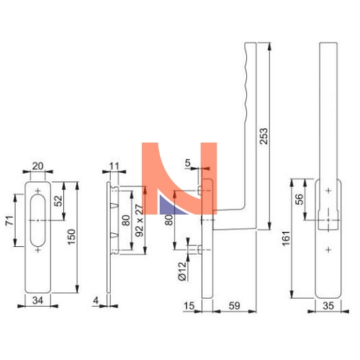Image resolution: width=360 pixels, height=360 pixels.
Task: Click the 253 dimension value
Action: coord(264,136)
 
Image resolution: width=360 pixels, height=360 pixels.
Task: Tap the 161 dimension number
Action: coord(286,238)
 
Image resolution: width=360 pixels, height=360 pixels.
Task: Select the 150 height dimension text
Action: coord(71,237)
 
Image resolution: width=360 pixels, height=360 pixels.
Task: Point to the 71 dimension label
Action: coord(9,220)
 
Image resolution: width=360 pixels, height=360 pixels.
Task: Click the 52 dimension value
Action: coord(58,201)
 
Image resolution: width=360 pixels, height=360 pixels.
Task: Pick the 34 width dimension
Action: coord(37,300)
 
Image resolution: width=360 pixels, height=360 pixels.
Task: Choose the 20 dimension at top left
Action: coord(37,166)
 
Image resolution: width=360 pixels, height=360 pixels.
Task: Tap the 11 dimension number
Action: coord(114,166)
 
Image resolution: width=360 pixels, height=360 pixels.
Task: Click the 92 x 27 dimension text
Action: coord(140,220)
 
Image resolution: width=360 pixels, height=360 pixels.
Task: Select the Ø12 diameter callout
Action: coord(182,271)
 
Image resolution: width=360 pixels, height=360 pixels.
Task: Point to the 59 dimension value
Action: coord(234,305)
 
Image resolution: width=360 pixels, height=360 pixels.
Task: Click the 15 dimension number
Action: coord(189,305)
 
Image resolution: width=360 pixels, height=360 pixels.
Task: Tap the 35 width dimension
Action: coord(328,305)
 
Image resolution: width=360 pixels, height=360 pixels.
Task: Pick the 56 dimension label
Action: coord(300,199)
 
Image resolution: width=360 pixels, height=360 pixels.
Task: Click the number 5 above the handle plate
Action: coord(187,163)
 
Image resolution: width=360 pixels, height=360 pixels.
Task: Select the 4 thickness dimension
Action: coord(96,300)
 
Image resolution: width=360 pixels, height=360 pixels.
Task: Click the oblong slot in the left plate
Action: coord(37,220)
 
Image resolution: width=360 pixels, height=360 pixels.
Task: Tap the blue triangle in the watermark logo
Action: coord(172,205)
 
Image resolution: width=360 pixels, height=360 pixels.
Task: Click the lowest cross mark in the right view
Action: coord(328,250)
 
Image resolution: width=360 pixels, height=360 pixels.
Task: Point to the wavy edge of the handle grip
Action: coord(246,84)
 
